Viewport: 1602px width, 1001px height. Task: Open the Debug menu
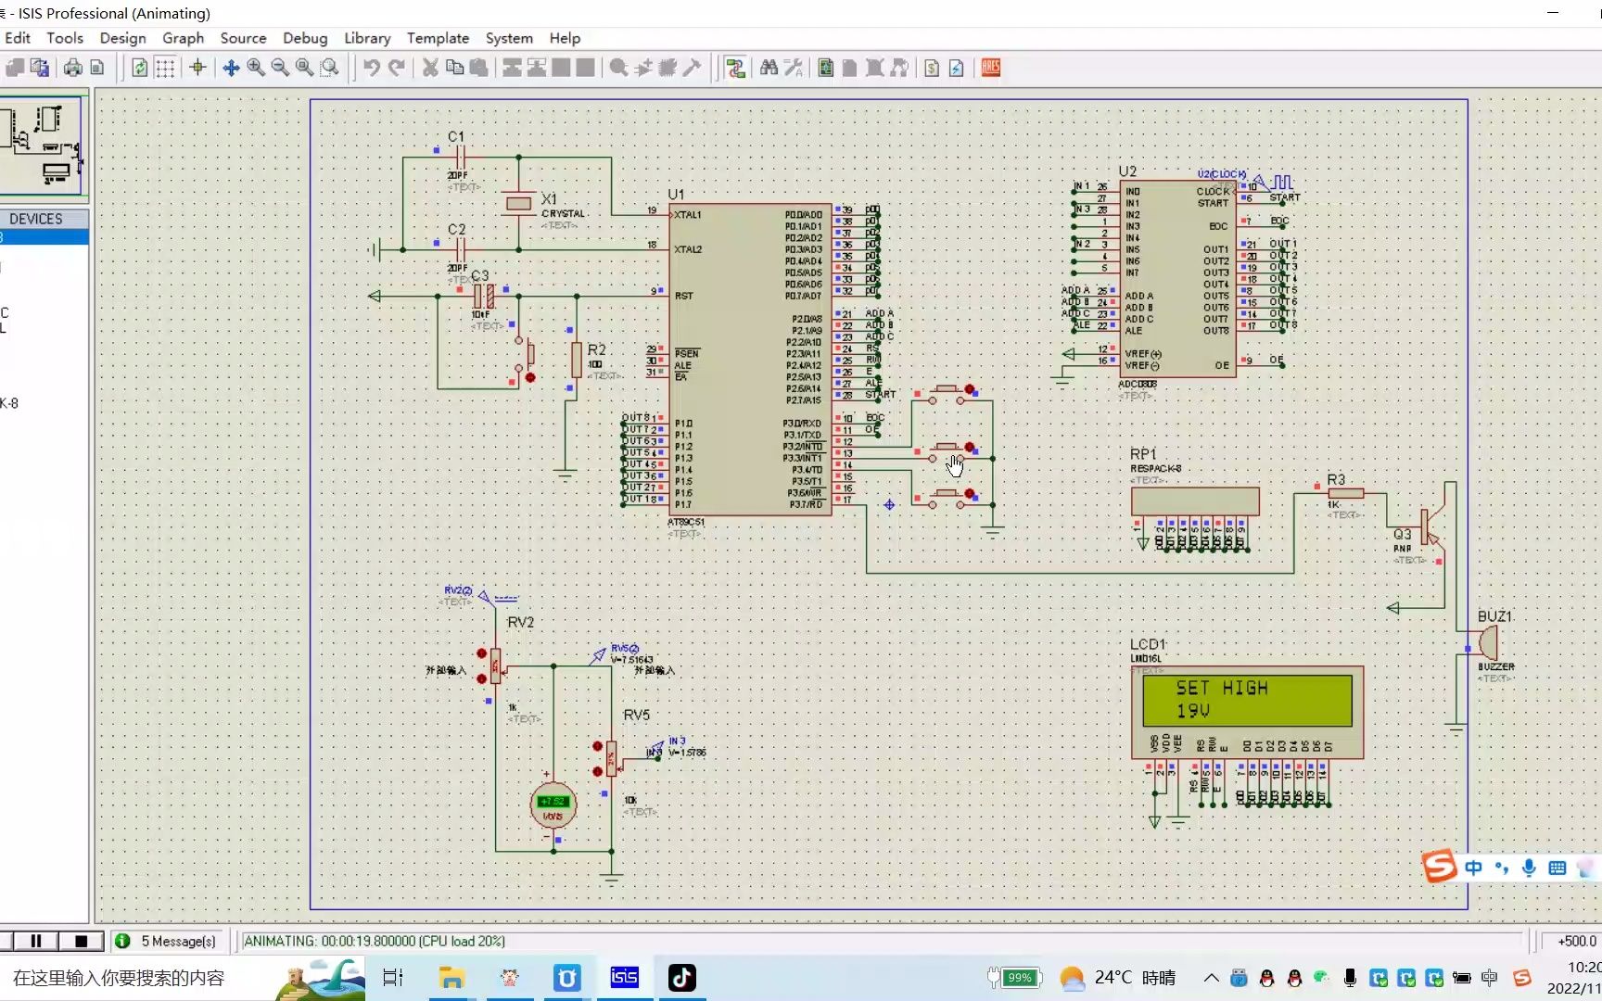[x=305, y=38]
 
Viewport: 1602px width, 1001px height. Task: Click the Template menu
[x=438, y=38]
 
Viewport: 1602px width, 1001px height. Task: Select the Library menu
[x=367, y=38]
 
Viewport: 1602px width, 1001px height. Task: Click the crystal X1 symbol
[x=519, y=203]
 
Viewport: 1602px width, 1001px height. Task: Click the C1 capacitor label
[x=456, y=136]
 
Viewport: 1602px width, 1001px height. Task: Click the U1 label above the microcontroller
[x=676, y=195]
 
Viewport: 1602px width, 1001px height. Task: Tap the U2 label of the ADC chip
[x=1127, y=171]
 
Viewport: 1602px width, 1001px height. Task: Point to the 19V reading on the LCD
[x=1192, y=711]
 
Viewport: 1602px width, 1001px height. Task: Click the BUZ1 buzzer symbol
[x=1487, y=641]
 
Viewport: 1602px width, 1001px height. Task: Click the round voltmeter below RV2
[x=553, y=805]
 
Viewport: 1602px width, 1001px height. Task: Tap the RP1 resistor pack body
[x=1195, y=501]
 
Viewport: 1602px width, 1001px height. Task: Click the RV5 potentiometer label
[x=636, y=715]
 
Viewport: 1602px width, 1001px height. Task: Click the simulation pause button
[x=36, y=941]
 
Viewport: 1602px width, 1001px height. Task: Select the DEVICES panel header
[x=36, y=219]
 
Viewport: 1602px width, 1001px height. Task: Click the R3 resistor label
[x=1335, y=479]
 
